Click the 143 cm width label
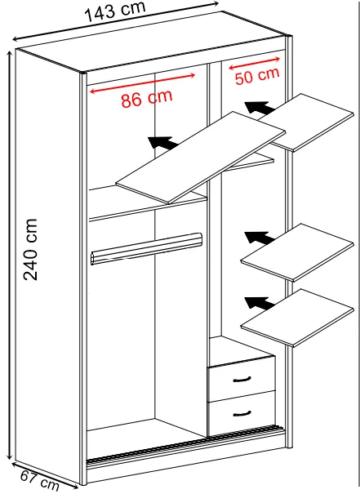pos(115,11)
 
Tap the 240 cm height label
pos(30,249)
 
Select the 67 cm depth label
pos(40,480)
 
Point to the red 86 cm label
pos(147,98)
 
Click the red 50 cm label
pos(257,76)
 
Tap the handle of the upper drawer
pos(242,380)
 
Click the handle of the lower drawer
pos(242,414)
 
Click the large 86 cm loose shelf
pos(201,158)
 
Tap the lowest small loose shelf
pos(297,318)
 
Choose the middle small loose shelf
pos(297,252)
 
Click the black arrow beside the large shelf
pos(163,142)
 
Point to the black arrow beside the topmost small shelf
pos(260,108)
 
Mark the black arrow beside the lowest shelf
pos(260,303)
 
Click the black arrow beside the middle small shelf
pos(260,238)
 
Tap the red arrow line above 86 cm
pos(143,83)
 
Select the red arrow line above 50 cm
pos(254,63)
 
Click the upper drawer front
pos(242,378)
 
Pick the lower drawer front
pos(242,414)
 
